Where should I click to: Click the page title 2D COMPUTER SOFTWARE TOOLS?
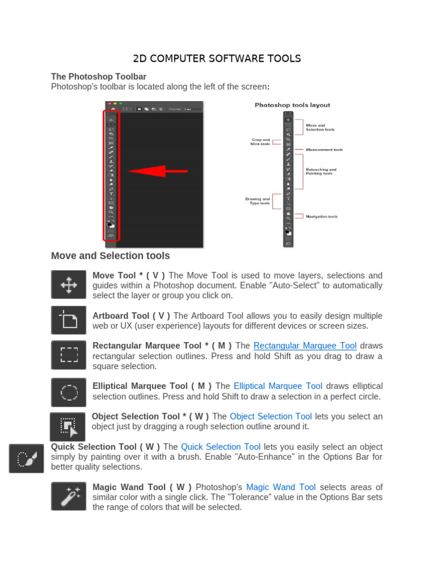pos(216,59)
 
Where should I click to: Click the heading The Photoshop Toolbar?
pos(98,76)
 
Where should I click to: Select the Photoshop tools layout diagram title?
pos(292,105)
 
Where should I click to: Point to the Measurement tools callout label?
pos(324,150)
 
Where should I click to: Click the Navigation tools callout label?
pos(322,217)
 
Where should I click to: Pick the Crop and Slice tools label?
pos(260,142)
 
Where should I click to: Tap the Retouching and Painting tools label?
pos(321,171)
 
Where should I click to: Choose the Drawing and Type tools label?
pos(258,201)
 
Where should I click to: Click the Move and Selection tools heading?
pos(110,256)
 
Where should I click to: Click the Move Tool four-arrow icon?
pos(68,284)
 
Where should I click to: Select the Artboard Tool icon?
pos(68,321)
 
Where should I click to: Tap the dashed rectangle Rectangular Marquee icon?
pos(68,355)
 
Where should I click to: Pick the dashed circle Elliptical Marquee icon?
pos(68,392)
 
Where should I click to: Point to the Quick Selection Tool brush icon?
pos(26,458)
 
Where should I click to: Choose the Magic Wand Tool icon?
pos(68,496)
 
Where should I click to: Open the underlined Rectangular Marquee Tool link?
pos(305,346)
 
